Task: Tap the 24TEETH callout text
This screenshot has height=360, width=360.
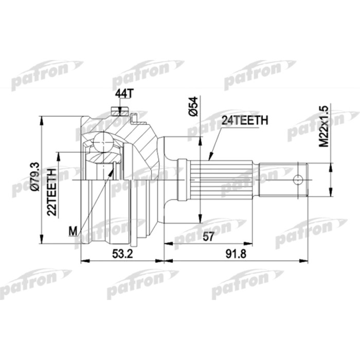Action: tap(244, 120)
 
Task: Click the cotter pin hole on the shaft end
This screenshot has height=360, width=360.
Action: tap(297, 180)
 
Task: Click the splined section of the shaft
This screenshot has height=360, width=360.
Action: tap(221, 179)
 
